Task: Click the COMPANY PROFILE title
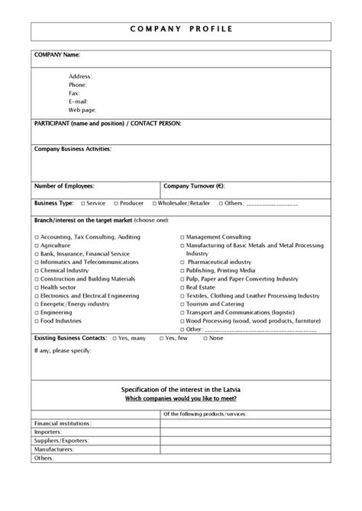(180, 29)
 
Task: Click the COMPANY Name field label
(57, 55)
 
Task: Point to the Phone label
(78, 85)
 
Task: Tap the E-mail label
(79, 101)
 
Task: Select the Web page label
(82, 109)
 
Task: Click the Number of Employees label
(68, 185)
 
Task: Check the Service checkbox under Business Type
(82, 204)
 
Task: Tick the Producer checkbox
(116, 204)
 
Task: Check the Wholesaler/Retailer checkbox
(154, 204)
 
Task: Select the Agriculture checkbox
(37, 246)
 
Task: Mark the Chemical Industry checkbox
(37, 271)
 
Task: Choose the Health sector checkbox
(37, 288)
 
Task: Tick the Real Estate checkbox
(182, 288)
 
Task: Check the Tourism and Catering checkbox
(182, 304)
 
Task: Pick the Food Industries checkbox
(37, 321)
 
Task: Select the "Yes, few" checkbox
(161, 337)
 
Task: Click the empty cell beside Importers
(244, 431)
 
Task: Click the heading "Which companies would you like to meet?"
(180, 399)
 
